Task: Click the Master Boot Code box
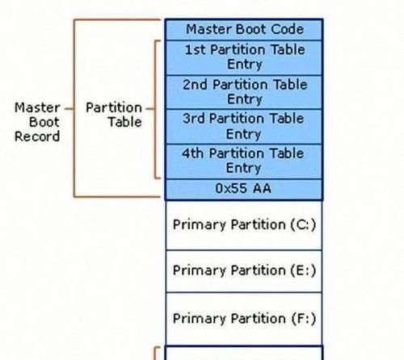(244, 29)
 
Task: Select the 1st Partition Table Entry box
(244, 57)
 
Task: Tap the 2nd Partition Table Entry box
(244, 92)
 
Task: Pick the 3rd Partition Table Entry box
(244, 127)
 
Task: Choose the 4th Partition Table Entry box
(244, 161)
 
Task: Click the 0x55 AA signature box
(244, 190)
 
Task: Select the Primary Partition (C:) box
(244, 225)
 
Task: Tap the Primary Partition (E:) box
(244, 271)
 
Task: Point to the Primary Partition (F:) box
(244, 319)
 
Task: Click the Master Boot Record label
(37, 122)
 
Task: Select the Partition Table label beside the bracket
(114, 115)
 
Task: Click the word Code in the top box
(288, 29)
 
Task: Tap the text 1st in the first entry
(195, 50)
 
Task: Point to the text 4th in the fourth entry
(192, 153)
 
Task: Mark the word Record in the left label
(37, 136)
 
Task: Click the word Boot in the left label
(44, 122)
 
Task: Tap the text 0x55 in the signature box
(231, 188)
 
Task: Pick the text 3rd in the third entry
(193, 119)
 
